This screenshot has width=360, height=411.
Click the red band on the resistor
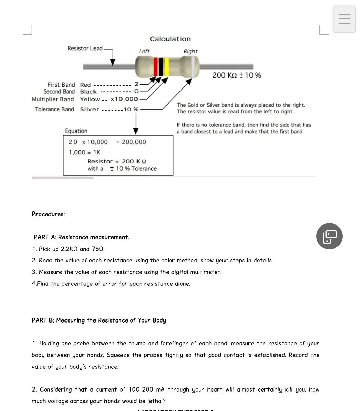click(156, 67)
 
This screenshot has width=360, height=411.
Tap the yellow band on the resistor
click(167, 67)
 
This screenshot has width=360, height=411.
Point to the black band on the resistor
click(161, 67)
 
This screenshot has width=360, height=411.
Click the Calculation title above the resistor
click(170, 39)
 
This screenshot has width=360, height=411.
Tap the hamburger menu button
click(344, 19)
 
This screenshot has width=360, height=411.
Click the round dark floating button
click(329, 236)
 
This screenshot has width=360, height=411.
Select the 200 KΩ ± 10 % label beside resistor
click(236, 75)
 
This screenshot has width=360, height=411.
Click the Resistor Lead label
click(85, 48)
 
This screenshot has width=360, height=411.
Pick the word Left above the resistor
click(144, 51)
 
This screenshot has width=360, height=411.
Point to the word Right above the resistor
click(190, 51)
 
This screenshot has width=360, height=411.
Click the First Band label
click(61, 85)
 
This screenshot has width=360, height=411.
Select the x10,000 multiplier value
click(124, 99)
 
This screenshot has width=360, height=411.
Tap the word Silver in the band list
click(89, 109)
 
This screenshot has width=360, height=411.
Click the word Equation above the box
click(76, 131)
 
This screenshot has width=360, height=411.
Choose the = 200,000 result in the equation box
click(131, 142)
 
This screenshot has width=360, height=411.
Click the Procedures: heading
click(48, 214)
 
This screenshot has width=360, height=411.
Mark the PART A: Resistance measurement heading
click(81, 237)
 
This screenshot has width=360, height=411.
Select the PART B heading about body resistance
click(99, 320)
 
